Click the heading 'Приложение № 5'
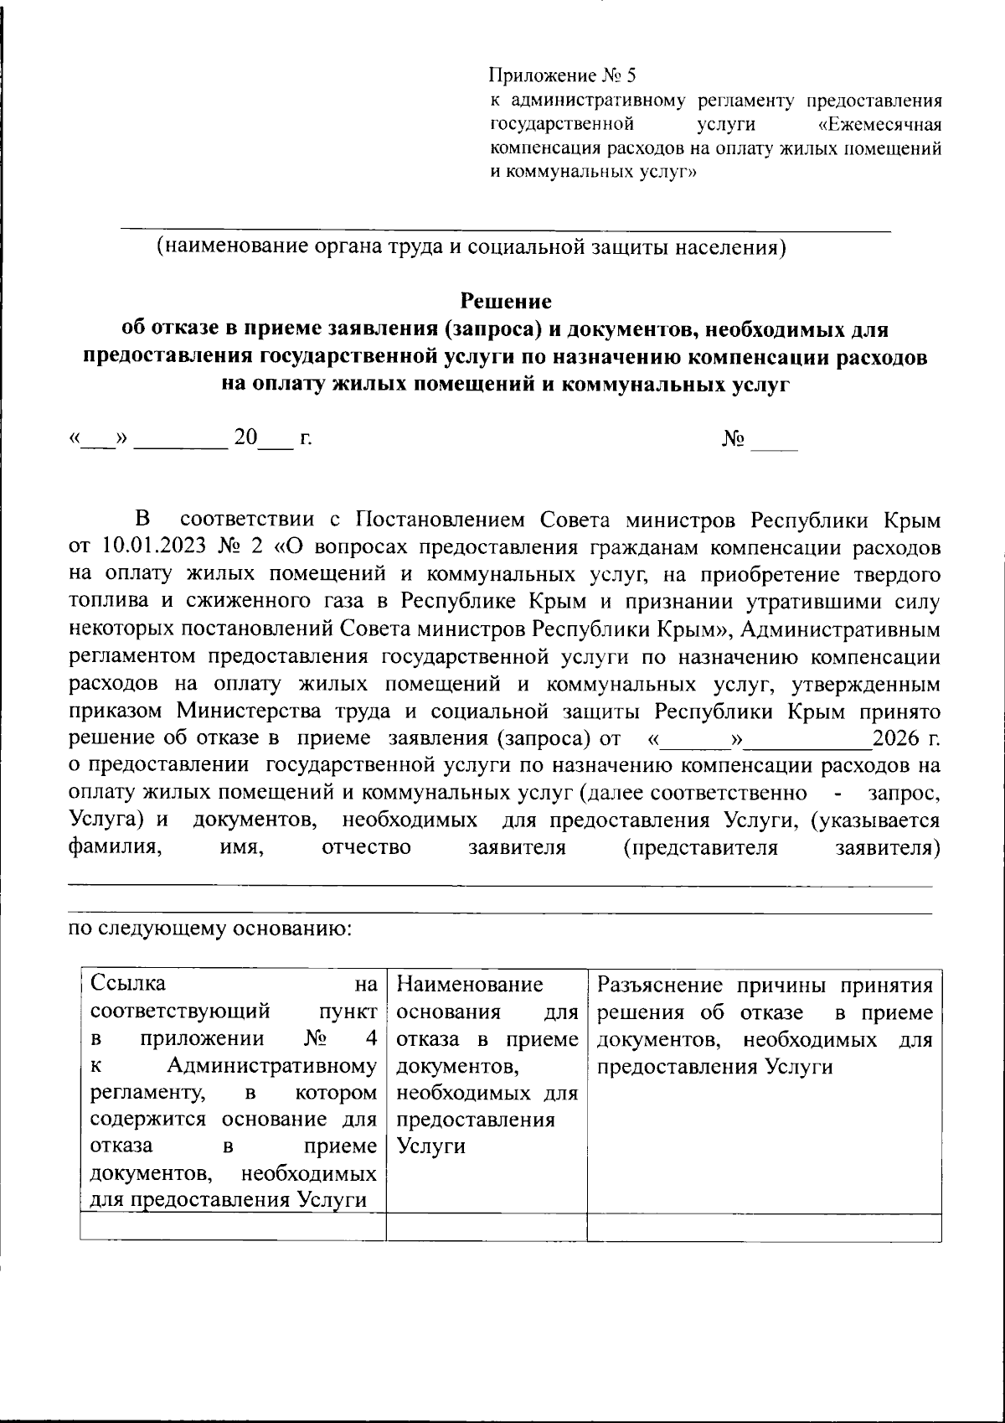[563, 76]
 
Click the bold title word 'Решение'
[506, 300]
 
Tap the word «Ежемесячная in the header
[879, 125]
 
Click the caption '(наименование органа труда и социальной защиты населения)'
[472, 247]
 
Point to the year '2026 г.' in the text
[905, 738]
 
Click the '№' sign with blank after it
[734, 438]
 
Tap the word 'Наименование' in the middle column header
[471, 983]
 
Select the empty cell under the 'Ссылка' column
[233, 1227]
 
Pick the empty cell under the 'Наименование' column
[486, 1227]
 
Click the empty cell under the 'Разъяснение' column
[764, 1227]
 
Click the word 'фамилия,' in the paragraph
[114, 846]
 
